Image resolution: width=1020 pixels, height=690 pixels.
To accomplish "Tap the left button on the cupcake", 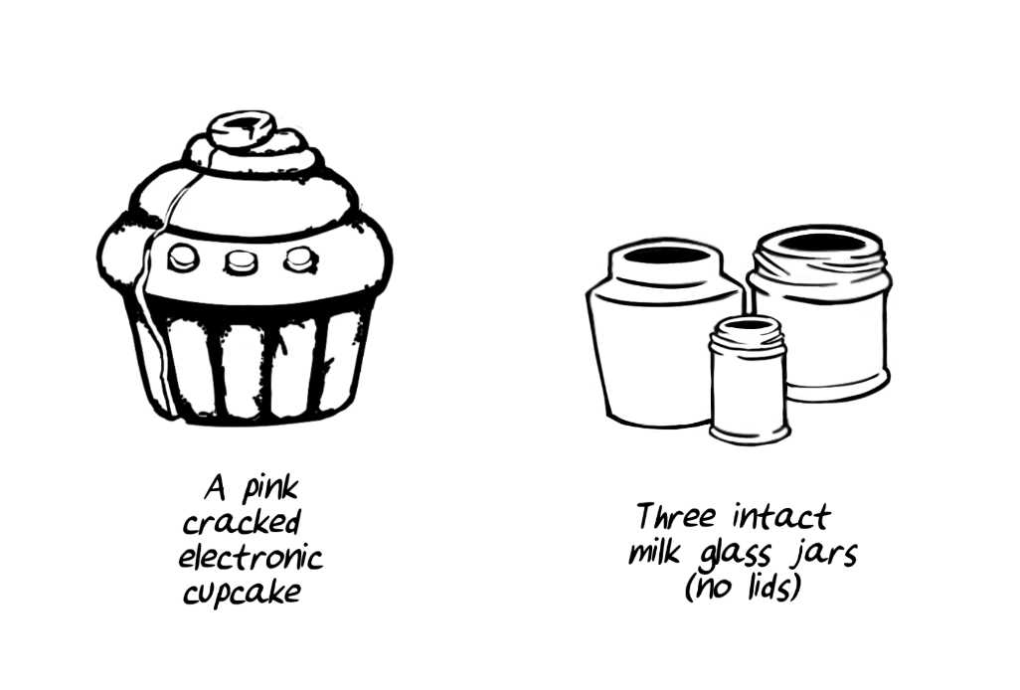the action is (183, 259).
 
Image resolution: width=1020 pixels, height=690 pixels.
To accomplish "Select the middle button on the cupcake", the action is (241, 261).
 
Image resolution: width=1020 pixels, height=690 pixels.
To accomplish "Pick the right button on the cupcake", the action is (300, 259).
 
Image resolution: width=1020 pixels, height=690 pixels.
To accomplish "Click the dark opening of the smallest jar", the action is (750, 324).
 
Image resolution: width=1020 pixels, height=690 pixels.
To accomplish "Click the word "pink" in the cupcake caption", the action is (270, 488).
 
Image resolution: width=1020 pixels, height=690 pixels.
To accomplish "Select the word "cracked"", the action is (242, 522).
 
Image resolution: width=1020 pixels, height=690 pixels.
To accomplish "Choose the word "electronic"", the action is (251, 557).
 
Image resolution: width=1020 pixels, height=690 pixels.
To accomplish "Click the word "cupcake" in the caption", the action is (242, 593).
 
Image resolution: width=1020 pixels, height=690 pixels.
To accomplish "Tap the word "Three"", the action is (675, 516).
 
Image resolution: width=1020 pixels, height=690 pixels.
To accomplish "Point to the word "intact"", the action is (781, 517).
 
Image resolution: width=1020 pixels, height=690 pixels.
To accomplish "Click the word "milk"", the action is (654, 552).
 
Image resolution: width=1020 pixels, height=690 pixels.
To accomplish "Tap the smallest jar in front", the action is (750, 381).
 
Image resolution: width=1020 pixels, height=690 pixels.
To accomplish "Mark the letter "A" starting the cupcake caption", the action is (215, 487).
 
